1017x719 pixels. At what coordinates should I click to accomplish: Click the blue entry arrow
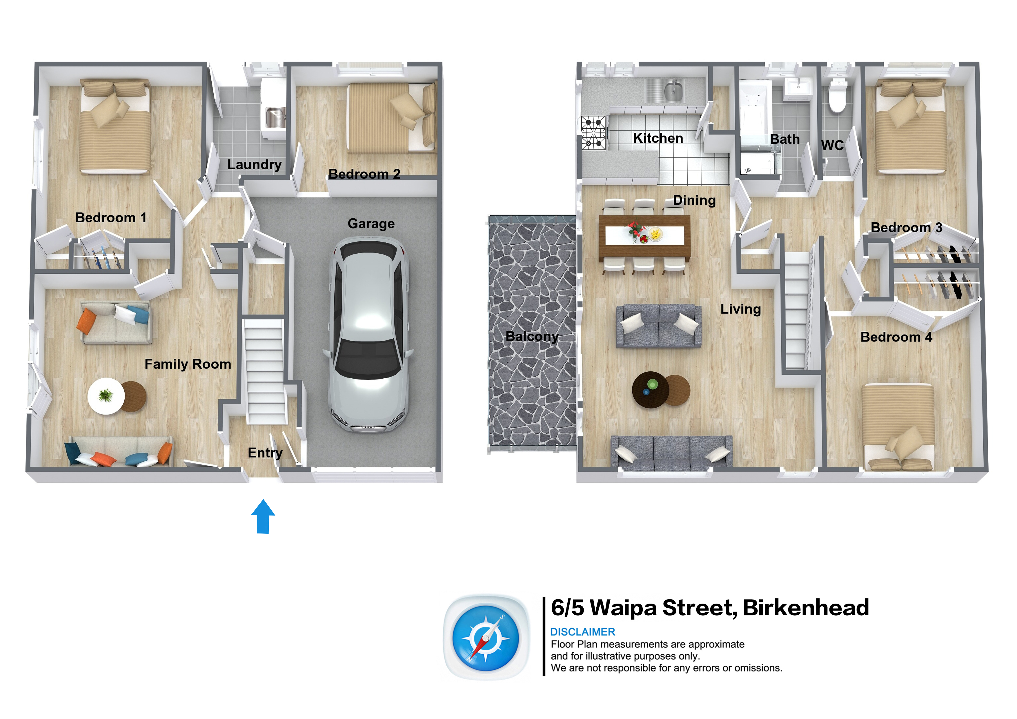pyautogui.click(x=263, y=517)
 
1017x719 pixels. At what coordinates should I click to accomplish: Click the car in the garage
pyautogui.click(x=368, y=335)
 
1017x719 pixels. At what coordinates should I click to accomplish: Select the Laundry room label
pyautogui.click(x=254, y=165)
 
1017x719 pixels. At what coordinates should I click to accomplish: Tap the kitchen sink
pyautogui.click(x=673, y=91)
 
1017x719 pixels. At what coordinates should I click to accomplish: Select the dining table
pyautogui.click(x=644, y=237)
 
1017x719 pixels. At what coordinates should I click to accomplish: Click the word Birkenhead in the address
pyautogui.click(x=806, y=607)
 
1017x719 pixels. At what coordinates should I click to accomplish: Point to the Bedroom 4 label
pyautogui.click(x=896, y=337)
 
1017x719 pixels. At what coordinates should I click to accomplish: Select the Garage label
pyautogui.click(x=371, y=224)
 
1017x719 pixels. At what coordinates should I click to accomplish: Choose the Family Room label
pyautogui.click(x=188, y=364)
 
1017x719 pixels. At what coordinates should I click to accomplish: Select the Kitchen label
pyautogui.click(x=658, y=138)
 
